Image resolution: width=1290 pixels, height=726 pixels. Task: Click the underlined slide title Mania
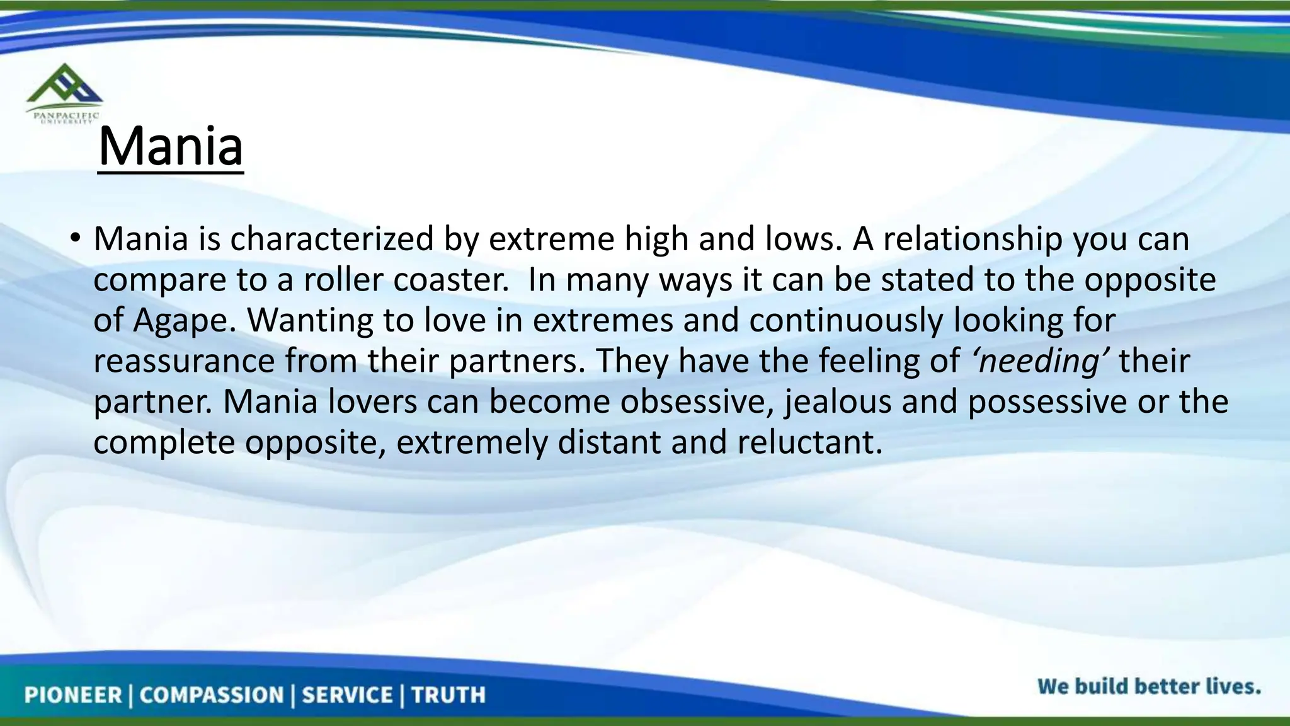pyautogui.click(x=171, y=147)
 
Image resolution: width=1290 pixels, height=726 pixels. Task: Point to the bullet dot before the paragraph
pyautogui.click(x=76, y=238)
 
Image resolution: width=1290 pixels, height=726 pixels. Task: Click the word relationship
pyautogui.click(x=973, y=239)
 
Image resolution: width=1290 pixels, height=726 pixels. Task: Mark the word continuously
pyautogui.click(x=846, y=321)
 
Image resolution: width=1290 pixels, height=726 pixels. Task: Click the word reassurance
pyautogui.click(x=184, y=362)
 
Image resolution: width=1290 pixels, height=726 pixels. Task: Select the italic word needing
pyautogui.click(x=1040, y=362)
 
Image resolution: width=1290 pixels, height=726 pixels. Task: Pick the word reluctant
pyautogui.click(x=809, y=442)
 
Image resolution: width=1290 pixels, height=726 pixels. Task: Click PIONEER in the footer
pyautogui.click(x=72, y=695)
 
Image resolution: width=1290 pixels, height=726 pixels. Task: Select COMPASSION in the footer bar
pyautogui.click(x=212, y=695)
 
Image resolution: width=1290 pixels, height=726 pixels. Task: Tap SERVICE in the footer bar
pyautogui.click(x=347, y=695)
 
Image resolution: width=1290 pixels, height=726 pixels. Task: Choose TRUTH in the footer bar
pyautogui.click(x=448, y=695)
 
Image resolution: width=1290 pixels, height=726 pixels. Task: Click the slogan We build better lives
pyautogui.click(x=1149, y=686)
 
